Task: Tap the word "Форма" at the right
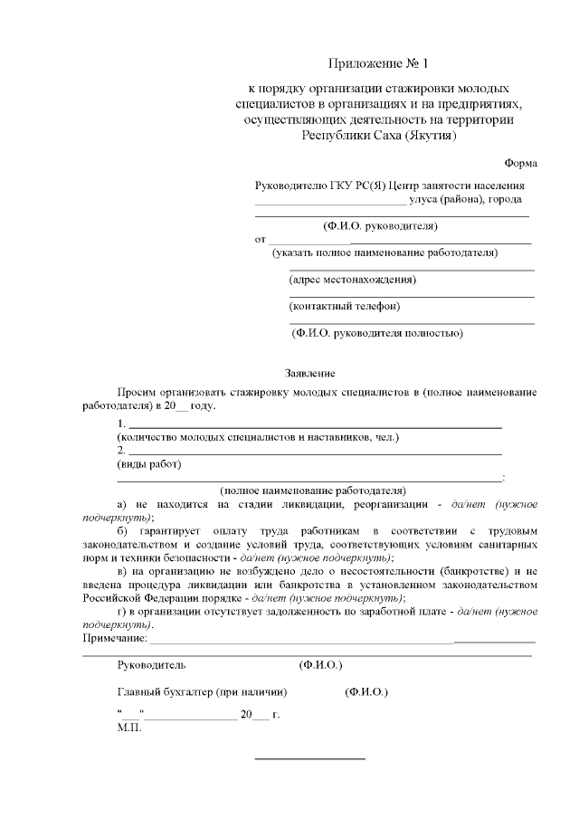pos(520,162)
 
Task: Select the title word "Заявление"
pos(310,373)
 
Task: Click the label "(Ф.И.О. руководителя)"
pos(380,225)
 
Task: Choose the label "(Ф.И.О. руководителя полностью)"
pos(377,333)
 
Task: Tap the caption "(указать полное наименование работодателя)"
pos(384,252)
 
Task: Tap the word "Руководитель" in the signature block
pos(151,664)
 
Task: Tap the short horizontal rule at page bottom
pos(310,758)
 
